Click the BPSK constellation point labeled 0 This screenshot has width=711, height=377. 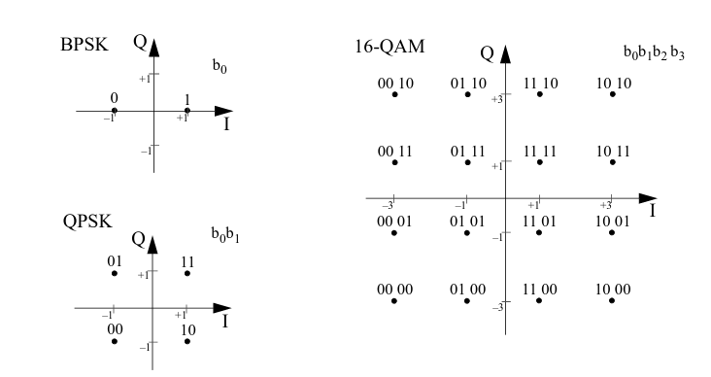click(x=115, y=111)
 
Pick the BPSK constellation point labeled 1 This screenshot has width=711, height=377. click(x=187, y=111)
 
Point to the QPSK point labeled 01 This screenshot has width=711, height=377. click(x=115, y=273)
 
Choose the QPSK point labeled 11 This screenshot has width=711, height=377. click(x=187, y=273)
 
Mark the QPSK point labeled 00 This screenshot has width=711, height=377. click(x=115, y=341)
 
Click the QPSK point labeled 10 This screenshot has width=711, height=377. click(x=187, y=341)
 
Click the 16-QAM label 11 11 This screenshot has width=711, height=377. click(x=539, y=153)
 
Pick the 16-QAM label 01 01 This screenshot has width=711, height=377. click(x=467, y=221)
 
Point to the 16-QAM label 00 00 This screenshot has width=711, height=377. click(x=394, y=290)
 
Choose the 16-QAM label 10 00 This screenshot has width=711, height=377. click(x=613, y=290)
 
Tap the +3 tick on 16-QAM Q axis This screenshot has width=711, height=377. click(x=495, y=99)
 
